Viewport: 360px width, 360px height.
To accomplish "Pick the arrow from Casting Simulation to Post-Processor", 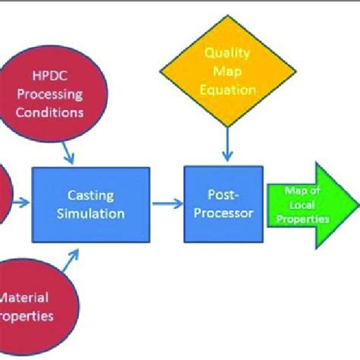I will (x=167, y=203).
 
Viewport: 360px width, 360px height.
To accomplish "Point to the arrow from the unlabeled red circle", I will (x=21, y=203).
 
